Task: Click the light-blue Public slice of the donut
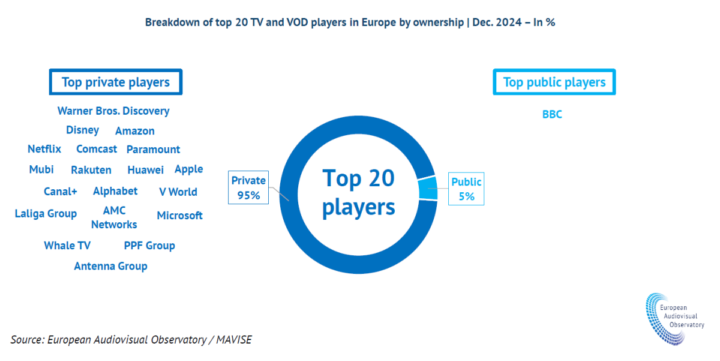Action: (428, 189)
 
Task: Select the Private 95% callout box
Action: (248, 187)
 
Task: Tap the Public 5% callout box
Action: (466, 189)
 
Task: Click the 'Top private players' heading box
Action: (116, 82)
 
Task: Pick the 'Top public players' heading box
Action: (554, 82)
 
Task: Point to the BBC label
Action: (552, 114)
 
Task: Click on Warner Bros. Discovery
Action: (113, 111)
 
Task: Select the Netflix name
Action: (44, 149)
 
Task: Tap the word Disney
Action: (82, 130)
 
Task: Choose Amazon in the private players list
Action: (135, 131)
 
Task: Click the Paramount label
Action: (153, 150)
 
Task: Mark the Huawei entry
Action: (146, 169)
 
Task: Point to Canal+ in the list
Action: (61, 192)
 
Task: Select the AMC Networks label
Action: (114, 217)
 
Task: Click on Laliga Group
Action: (46, 214)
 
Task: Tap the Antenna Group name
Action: (110, 266)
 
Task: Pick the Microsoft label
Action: (179, 216)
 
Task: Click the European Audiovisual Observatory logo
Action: (675, 319)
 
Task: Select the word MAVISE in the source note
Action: (233, 339)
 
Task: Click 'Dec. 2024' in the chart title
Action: (497, 22)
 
